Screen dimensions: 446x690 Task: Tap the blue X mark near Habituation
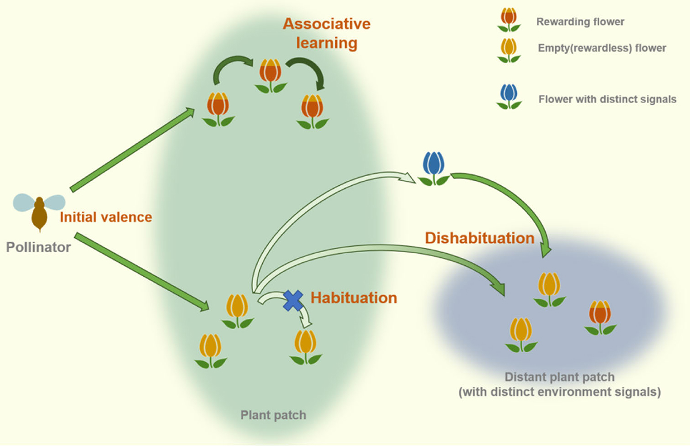click(293, 300)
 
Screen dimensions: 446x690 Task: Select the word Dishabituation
click(480, 238)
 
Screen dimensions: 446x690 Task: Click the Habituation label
click(354, 298)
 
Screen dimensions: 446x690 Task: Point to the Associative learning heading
click(327, 33)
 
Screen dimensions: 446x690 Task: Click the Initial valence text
click(106, 217)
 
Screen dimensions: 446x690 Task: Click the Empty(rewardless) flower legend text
click(602, 48)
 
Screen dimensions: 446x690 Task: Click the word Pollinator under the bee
click(38, 248)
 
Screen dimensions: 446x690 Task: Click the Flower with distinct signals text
click(607, 99)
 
